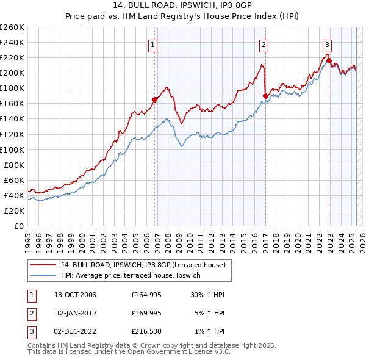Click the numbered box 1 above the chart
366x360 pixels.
[152, 44]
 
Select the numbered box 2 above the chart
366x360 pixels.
[264, 44]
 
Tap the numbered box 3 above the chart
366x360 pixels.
[327, 44]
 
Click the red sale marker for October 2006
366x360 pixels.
[155, 99]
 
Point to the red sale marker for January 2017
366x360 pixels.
[265, 95]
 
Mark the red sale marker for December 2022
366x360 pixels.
[329, 60]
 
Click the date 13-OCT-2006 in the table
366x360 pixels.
[75, 295]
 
